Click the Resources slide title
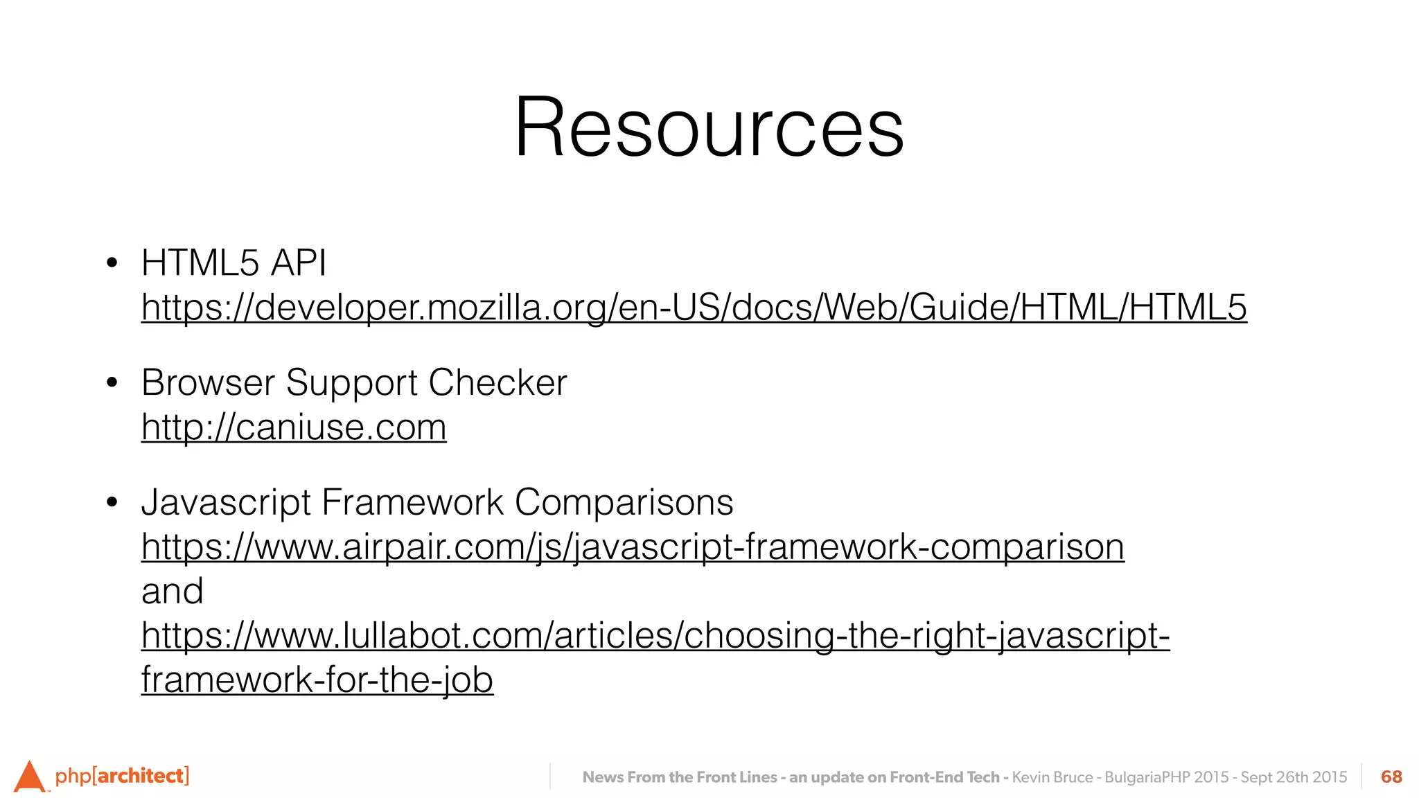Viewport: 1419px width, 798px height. pyautogui.click(x=709, y=128)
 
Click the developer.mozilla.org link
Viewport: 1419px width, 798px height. pyautogui.click(x=694, y=308)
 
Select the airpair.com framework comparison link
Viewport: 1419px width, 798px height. pyautogui.click(x=633, y=547)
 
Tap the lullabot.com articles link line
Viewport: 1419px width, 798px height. pyautogui.click(x=655, y=635)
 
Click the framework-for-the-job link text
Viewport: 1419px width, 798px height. pyautogui.click(x=317, y=680)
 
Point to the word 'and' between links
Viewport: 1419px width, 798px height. pyautogui.click(x=172, y=592)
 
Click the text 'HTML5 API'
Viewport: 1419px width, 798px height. pyautogui.click(x=233, y=263)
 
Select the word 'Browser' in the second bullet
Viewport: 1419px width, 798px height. pyautogui.click(x=208, y=383)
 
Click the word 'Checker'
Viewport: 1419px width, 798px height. pyautogui.click(x=497, y=383)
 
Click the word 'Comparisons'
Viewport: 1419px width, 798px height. pyautogui.click(x=624, y=503)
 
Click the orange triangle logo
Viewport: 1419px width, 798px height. pyautogui.click(x=29, y=777)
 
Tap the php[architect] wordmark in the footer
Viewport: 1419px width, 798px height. pyautogui.click(x=122, y=776)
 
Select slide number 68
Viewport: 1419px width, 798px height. pyautogui.click(x=1391, y=777)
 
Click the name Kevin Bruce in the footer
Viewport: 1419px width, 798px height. pyautogui.click(x=1052, y=777)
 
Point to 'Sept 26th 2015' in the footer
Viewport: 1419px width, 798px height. pyautogui.click(x=1294, y=777)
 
